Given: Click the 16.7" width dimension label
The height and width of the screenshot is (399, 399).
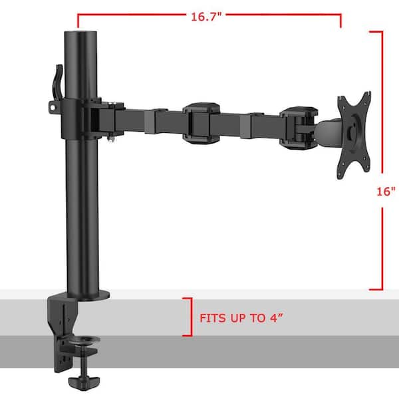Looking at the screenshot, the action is point(206,17).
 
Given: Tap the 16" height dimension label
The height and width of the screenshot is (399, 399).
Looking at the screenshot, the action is point(386,192).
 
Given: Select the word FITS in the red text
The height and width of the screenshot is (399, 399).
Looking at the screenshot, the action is point(213,318).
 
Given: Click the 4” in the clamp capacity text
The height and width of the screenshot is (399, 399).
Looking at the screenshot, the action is point(277,318).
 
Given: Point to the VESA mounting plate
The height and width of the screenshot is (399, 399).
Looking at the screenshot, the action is point(354,136).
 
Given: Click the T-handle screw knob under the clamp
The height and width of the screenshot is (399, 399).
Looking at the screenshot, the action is point(84,380).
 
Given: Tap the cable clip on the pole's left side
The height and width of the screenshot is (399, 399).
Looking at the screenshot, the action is point(57,82).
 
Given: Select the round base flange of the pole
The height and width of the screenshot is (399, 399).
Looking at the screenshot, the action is point(88,295).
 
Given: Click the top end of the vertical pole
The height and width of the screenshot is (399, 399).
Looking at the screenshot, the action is point(80,33).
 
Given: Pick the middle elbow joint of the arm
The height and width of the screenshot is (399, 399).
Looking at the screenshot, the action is point(201,123).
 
